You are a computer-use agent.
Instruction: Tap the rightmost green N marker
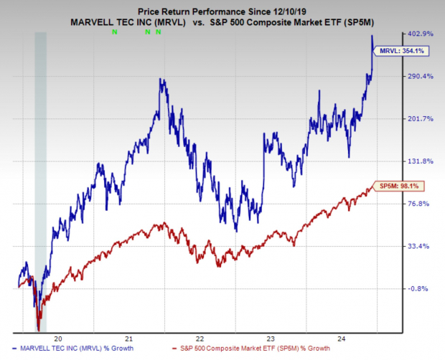coord(158,33)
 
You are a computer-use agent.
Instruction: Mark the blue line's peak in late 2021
coord(162,79)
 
